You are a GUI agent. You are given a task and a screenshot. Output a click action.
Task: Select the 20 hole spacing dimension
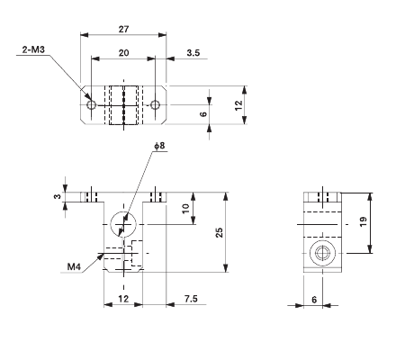(x=123, y=54)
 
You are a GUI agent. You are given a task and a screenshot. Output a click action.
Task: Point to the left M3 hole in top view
(x=91, y=105)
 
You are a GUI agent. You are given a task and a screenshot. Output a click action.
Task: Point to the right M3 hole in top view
(x=156, y=105)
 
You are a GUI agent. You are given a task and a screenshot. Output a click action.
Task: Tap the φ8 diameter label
(x=158, y=145)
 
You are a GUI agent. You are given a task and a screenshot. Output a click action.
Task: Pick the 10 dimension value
(x=185, y=208)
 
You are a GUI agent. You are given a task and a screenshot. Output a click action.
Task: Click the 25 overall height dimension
(x=220, y=232)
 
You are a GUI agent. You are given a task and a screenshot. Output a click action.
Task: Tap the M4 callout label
(x=75, y=266)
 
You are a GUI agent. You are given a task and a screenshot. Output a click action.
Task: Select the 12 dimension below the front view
(x=123, y=298)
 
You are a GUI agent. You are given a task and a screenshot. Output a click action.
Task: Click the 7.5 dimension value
(x=190, y=298)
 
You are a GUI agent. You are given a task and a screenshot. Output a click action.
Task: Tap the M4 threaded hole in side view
(x=321, y=251)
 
